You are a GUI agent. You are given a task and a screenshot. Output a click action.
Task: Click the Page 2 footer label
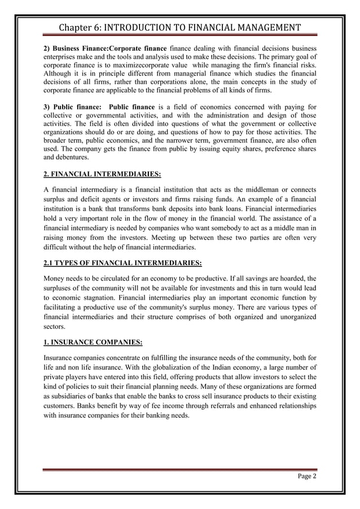pos(306,476)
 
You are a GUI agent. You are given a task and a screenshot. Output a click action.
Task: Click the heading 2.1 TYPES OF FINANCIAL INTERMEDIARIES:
pos(122,263)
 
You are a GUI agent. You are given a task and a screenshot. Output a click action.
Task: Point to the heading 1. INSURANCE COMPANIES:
pos(93,342)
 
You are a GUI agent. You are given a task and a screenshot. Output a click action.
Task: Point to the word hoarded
pos(293,278)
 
